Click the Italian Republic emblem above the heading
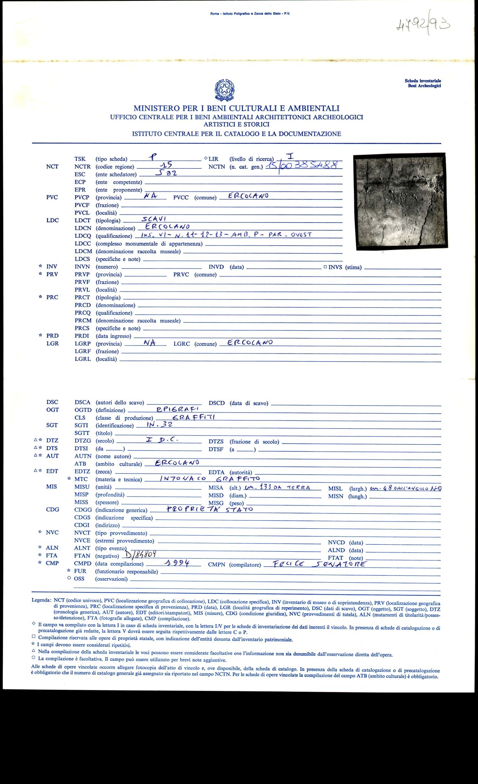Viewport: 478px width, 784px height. point(225,90)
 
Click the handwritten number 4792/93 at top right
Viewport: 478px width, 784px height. point(423,27)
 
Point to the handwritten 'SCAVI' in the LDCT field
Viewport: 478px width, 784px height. point(154,219)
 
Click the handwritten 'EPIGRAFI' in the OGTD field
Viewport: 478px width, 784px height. point(178,409)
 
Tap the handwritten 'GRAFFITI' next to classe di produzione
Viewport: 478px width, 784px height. point(193,417)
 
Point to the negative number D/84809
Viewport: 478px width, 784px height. point(141,555)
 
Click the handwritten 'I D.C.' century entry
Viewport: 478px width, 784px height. point(162,440)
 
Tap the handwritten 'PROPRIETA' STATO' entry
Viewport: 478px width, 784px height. point(210,509)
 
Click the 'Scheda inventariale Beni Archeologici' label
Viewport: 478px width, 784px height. point(422,83)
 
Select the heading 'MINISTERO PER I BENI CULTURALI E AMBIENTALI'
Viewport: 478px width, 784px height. point(236,108)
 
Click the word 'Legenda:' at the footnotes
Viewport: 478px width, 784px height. point(42,600)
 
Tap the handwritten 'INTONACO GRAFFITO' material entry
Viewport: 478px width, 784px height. point(210,479)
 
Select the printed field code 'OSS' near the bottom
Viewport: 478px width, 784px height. point(79,579)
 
